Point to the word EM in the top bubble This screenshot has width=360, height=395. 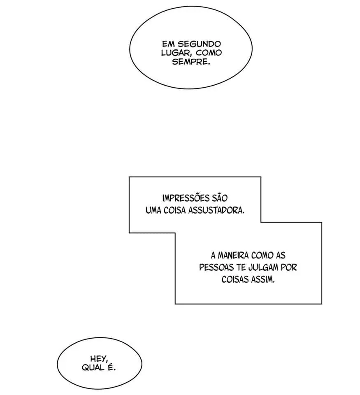pos(167,44)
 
